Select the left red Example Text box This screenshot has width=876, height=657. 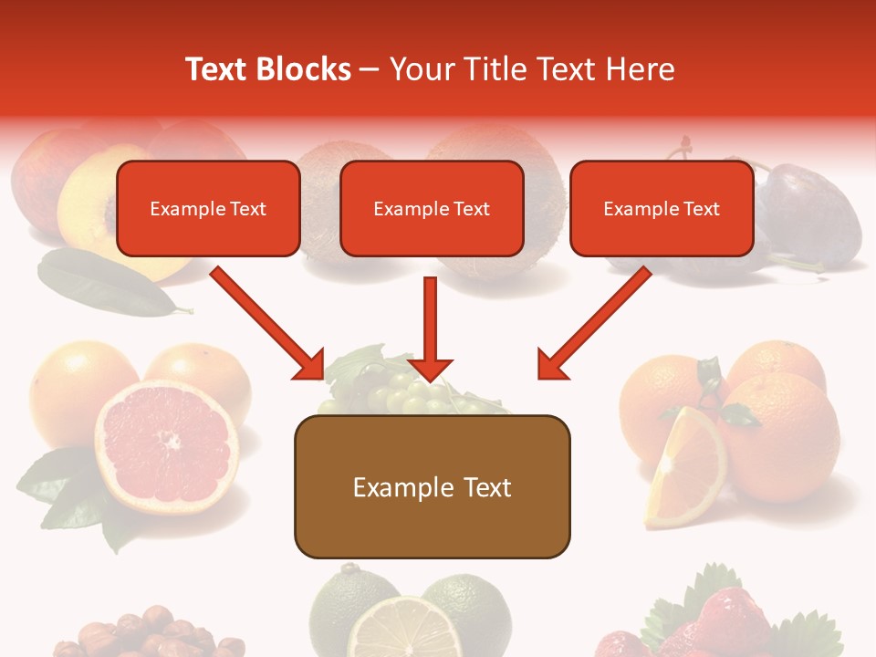208,208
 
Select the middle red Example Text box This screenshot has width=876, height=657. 432,208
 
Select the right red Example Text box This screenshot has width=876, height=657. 662,208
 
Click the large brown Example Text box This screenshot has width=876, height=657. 432,486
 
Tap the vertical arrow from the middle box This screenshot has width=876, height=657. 430,328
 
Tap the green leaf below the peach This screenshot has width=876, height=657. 105,283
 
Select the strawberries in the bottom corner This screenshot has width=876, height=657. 730,620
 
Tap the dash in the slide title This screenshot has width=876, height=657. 370,70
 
